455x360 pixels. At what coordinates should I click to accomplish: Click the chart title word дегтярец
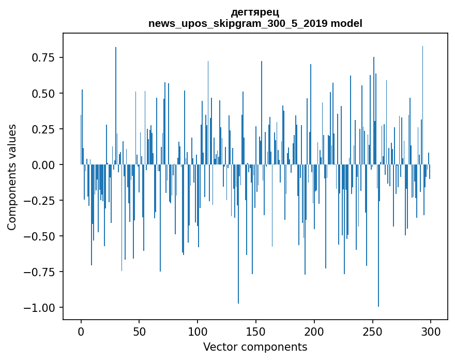[x=255, y=12]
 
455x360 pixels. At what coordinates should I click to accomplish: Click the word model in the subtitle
[x=346, y=23]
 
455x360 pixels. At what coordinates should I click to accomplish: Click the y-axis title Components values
[x=11, y=177]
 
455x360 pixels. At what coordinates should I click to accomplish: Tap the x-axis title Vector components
[x=255, y=347]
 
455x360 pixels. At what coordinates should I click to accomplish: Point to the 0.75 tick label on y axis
[x=43, y=57]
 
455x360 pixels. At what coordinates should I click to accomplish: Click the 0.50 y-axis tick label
[x=43, y=94]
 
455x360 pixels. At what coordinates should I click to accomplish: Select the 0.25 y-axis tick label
[x=43, y=129]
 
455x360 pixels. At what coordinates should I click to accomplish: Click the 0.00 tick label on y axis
[x=43, y=165]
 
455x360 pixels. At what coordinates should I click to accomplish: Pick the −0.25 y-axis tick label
[x=39, y=201]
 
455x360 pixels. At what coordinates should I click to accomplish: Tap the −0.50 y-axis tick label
[x=39, y=236]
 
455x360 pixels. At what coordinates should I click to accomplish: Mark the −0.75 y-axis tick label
[x=39, y=272]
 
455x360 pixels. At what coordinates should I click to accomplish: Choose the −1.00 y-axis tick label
[x=39, y=308]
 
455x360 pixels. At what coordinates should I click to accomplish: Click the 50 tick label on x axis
[x=139, y=332]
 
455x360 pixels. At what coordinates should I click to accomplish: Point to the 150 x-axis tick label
[x=256, y=332]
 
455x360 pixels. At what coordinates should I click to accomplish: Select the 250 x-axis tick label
[x=372, y=332]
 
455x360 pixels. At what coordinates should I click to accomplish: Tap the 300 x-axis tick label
[x=431, y=332]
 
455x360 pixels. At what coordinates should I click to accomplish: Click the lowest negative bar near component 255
[x=378, y=235]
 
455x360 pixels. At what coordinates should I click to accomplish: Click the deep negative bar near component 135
[x=238, y=234]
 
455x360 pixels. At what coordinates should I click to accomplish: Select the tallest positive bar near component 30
[x=116, y=106]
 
